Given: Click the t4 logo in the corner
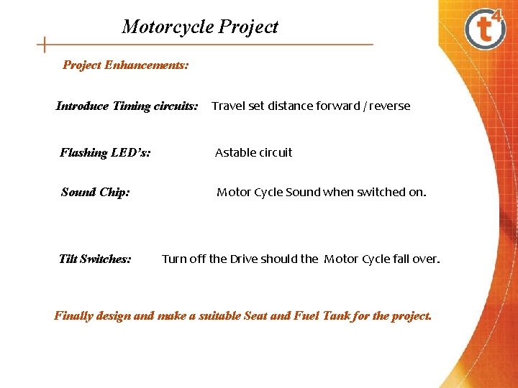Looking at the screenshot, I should (486, 28).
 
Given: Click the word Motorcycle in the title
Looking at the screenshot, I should (168, 27).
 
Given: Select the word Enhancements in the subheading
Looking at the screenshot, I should (147, 65).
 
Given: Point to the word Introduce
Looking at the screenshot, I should (83, 106).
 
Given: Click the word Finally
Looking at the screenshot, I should (73, 315).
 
